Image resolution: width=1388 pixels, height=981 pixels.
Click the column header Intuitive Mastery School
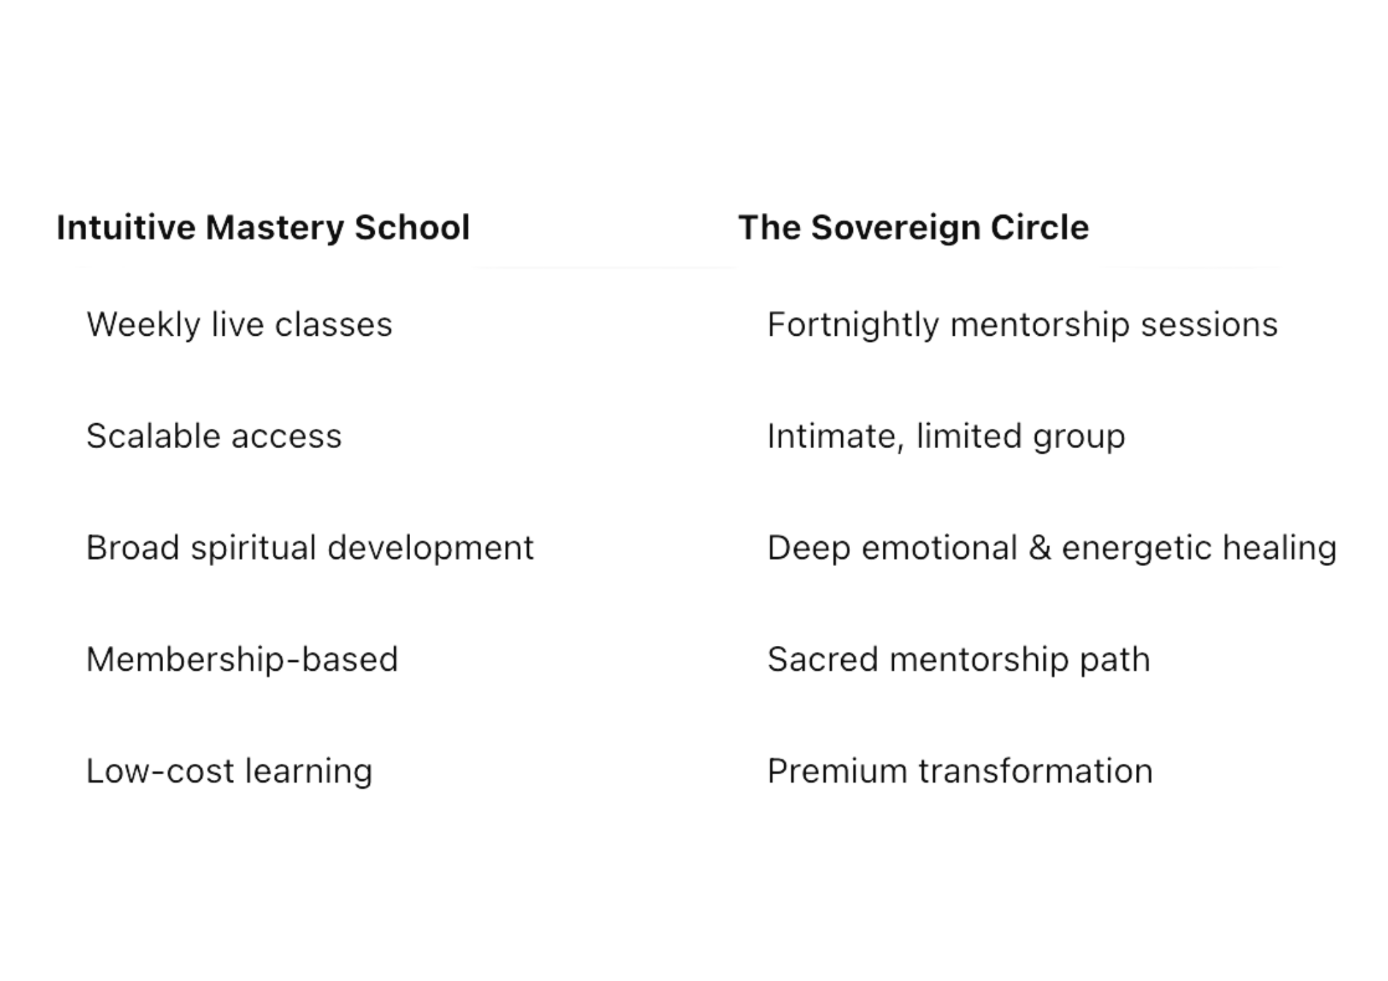264,230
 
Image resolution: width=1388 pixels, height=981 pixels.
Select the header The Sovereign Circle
913,230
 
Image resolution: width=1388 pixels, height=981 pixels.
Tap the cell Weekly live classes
239,325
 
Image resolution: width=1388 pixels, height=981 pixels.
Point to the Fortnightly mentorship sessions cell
1023,325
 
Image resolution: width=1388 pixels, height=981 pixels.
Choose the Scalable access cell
214,436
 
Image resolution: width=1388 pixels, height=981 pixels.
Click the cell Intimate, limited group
947,436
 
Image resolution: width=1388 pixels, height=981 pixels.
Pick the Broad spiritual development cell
310,548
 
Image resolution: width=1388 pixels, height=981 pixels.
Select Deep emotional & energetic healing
1052,548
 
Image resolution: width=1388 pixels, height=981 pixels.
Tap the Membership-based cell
242,659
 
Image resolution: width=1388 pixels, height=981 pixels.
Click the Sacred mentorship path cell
958,659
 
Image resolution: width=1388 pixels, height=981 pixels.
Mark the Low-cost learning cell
230,771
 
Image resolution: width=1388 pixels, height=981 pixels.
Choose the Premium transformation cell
959,771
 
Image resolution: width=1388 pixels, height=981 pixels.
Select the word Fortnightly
854,325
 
